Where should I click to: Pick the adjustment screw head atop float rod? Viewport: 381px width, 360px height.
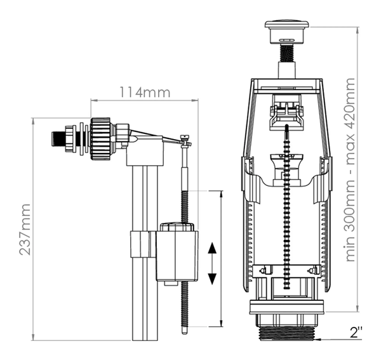tap(185, 138)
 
